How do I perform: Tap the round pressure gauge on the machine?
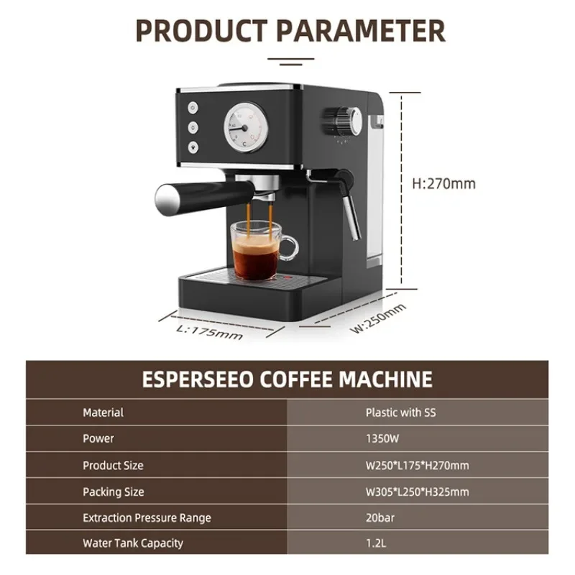(x=247, y=127)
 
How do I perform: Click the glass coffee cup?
(x=257, y=249)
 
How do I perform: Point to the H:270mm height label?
(x=443, y=183)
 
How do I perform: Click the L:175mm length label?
(x=209, y=331)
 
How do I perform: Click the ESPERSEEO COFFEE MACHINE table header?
(x=287, y=379)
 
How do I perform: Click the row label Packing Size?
(x=113, y=492)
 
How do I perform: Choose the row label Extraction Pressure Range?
(x=147, y=517)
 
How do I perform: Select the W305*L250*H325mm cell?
(x=417, y=492)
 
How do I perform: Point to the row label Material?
(x=103, y=413)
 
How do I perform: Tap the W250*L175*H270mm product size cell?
(x=417, y=465)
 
